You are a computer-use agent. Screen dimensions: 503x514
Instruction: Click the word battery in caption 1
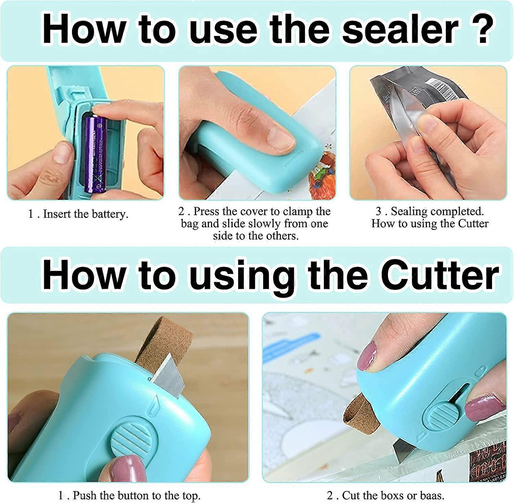pos(110,214)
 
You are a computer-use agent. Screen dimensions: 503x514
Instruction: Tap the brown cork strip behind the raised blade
pos(161,339)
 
